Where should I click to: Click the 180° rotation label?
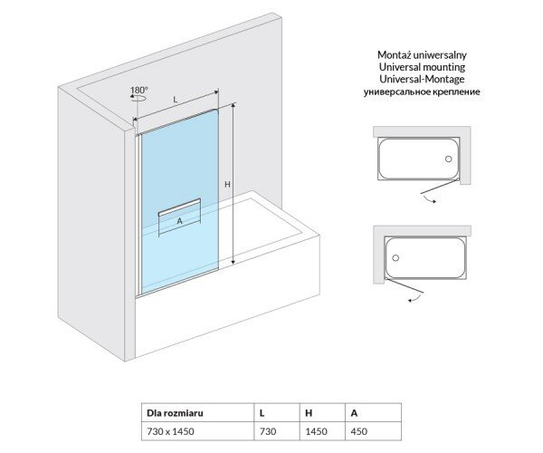(x=138, y=90)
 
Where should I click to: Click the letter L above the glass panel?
(x=176, y=100)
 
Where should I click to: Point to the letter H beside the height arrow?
(x=227, y=185)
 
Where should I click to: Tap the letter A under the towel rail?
(x=179, y=221)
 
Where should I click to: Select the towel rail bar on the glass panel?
(x=179, y=207)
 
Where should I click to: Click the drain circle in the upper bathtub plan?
(x=449, y=159)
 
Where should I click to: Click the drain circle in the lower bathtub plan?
(x=395, y=258)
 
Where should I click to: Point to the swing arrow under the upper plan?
(x=430, y=199)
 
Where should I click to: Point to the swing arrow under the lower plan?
(x=415, y=298)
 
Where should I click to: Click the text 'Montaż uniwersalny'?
(x=422, y=54)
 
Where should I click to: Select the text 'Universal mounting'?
(x=422, y=66)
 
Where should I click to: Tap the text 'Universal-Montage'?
(x=422, y=79)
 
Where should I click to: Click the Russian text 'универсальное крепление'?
(x=422, y=92)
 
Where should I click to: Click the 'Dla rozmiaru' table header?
(x=175, y=413)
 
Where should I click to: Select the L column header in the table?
(x=262, y=413)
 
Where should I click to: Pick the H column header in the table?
(x=309, y=413)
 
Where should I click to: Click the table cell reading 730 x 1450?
(x=170, y=431)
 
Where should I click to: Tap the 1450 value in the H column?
(x=316, y=431)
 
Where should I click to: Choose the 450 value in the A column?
(x=358, y=431)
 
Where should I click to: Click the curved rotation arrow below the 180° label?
(x=138, y=99)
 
